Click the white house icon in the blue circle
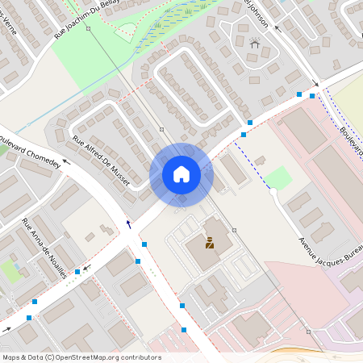coord(181,173)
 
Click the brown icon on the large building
coord(210,242)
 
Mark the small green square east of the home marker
coord(279,177)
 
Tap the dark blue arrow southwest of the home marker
coord(128,223)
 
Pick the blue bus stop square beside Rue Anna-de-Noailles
coord(77,272)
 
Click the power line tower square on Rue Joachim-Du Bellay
coord(88,28)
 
